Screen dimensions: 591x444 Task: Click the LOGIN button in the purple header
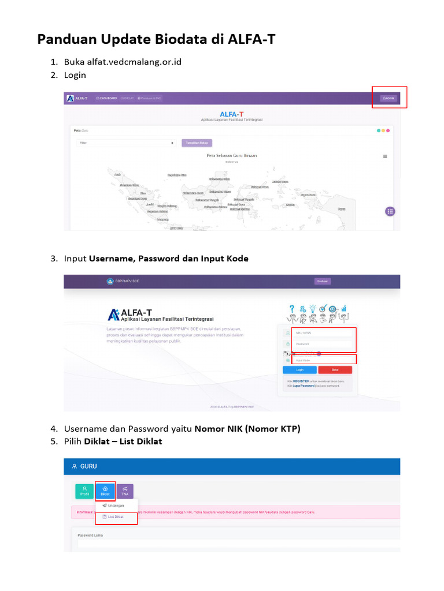click(388, 98)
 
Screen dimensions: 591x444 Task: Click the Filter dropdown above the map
click(126, 143)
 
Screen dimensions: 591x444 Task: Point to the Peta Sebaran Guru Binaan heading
click(231, 156)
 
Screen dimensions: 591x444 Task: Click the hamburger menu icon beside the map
click(385, 156)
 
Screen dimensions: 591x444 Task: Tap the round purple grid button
click(390, 211)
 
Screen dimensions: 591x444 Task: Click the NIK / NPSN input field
click(323, 333)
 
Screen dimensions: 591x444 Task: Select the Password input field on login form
click(323, 345)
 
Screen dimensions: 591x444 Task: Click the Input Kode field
click(323, 360)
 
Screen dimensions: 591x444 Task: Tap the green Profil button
click(84, 491)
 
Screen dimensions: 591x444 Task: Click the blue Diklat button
click(105, 491)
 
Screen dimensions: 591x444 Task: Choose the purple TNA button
click(125, 491)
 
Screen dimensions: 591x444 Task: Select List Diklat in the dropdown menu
click(115, 517)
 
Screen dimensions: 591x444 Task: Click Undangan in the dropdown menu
click(115, 506)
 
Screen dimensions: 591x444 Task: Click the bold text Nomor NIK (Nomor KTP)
click(247, 429)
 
